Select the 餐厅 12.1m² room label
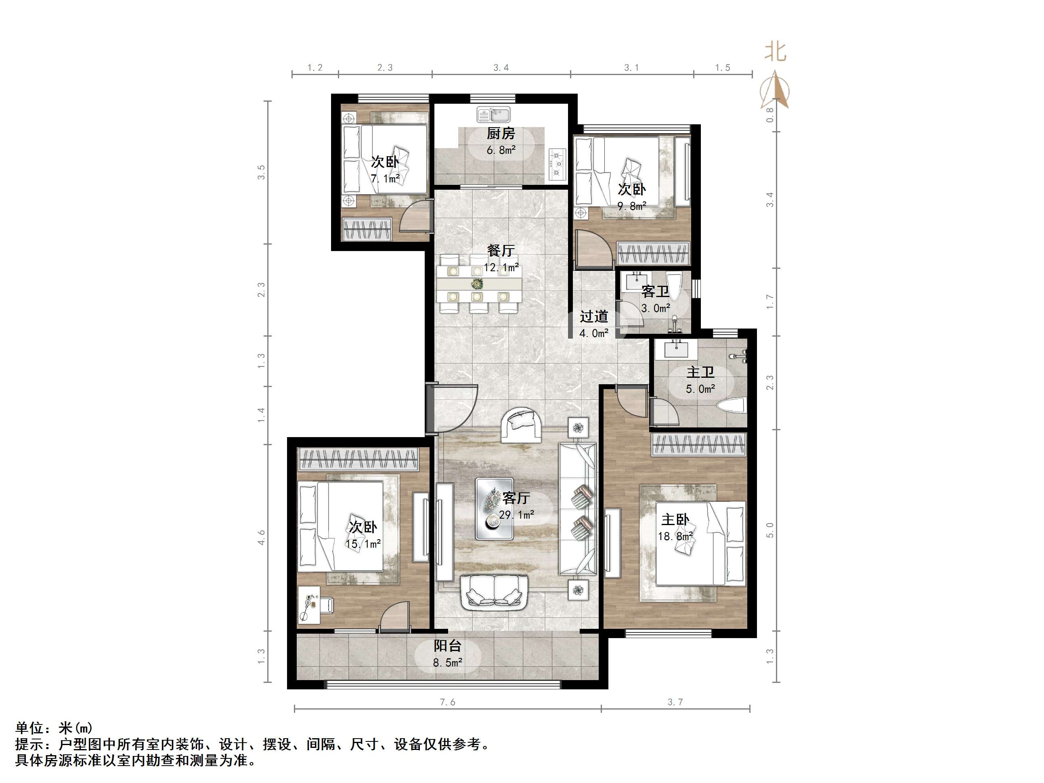click(501, 259)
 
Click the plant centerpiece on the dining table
click(477, 284)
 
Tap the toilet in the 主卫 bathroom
click(731, 405)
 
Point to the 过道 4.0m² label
click(594, 324)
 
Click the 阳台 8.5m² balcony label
click(447, 654)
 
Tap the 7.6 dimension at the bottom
click(447, 702)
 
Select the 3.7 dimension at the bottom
click(675, 702)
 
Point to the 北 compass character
click(776, 51)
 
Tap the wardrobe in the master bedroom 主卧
click(698, 445)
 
